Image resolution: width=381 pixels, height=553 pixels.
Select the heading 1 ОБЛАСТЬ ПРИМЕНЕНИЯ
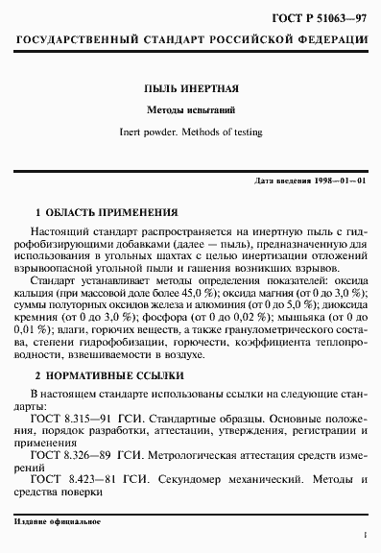[107, 210]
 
